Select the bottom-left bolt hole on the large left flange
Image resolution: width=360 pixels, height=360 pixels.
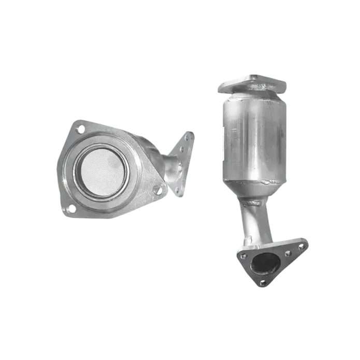(70, 208)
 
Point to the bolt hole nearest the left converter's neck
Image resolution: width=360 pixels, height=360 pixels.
(159, 191)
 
